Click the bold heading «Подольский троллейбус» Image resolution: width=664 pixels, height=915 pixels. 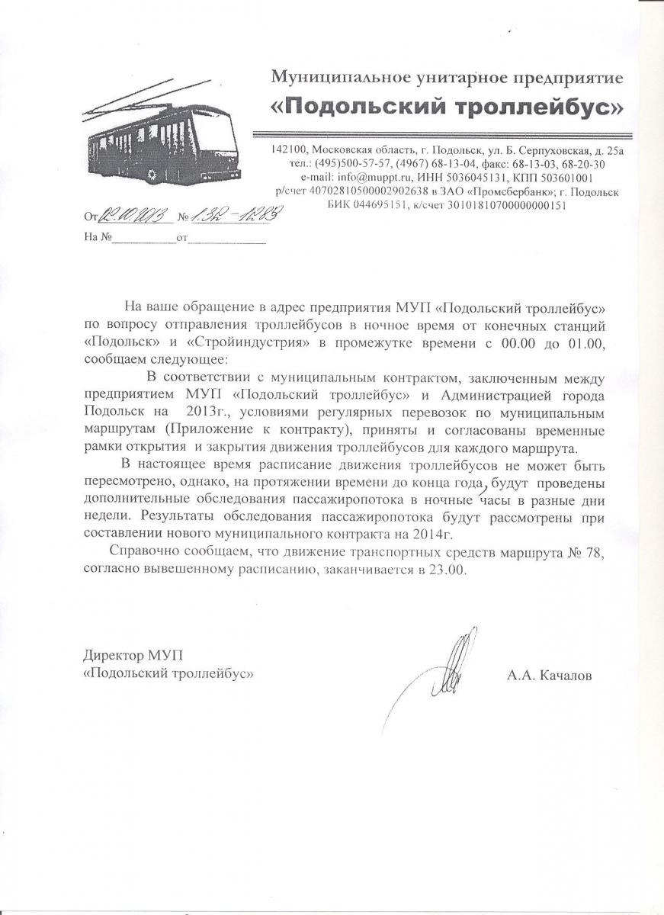coord(447,108)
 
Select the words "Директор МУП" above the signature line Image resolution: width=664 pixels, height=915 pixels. coord(133,656)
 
